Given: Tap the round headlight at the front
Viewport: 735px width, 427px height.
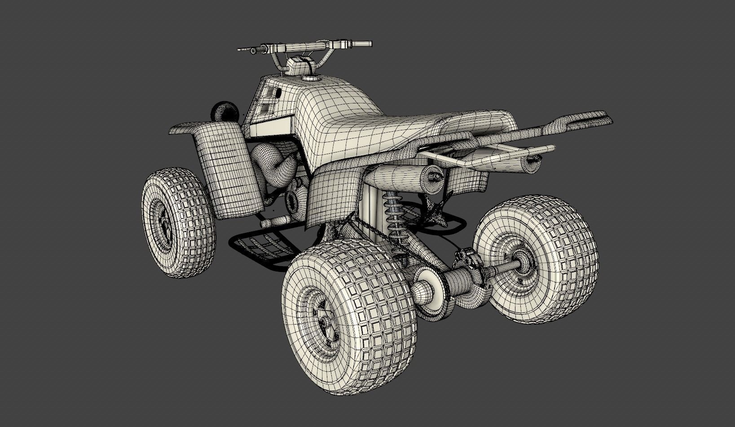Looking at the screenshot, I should tap(224, 111).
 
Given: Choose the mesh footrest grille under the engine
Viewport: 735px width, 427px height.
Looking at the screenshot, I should tap(260, 247).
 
